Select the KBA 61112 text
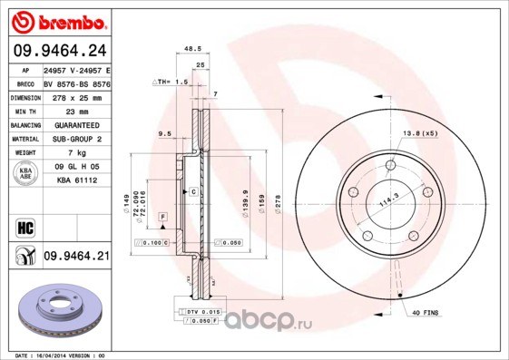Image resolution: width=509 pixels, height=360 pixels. point(75,180)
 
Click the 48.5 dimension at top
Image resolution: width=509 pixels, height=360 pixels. point(191,51)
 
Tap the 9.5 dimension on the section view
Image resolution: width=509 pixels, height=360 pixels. point(164,133)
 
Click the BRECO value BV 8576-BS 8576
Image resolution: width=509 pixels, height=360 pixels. point(75,81)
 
